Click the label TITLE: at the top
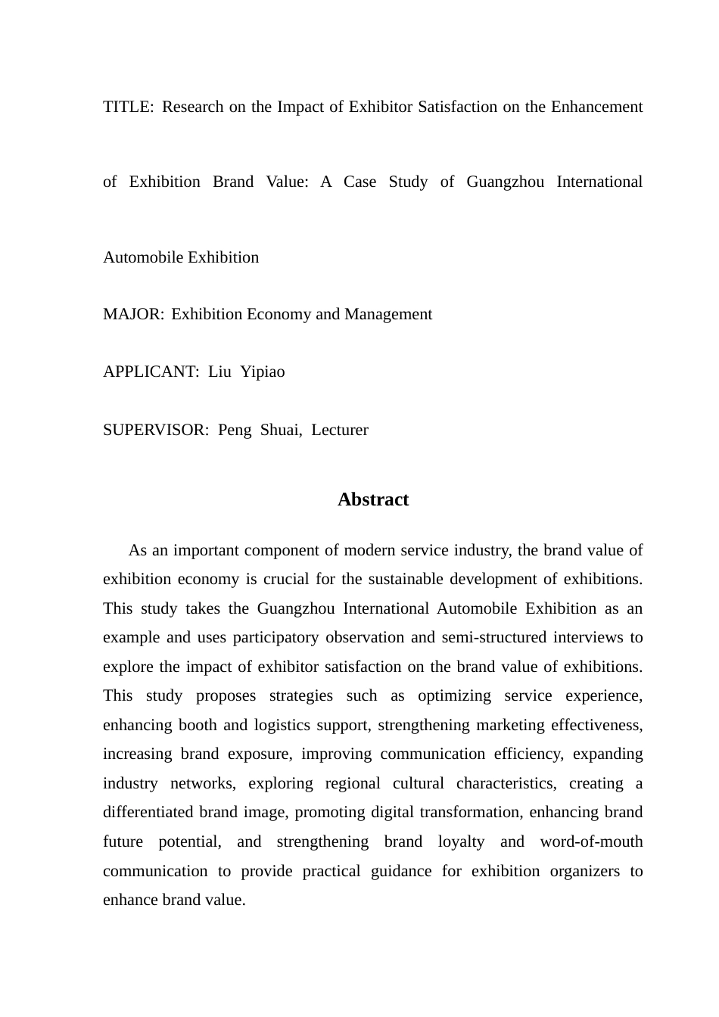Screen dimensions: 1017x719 pyautogui.click(x=127, y=107)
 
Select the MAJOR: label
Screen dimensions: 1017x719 pyautogui.click(x=132, y=314)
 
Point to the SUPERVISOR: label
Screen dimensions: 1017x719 pyautogui.click(x=155, y=430)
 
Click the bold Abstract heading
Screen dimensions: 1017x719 pyautogui.click(x=372, y=499)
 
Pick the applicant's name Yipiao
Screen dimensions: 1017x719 pyautogui.click(x=263, y=372)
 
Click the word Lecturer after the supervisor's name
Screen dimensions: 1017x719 pyautogui.click(x=340, y=430)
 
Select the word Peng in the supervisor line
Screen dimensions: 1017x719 pyautogui.click(x=235, y=430)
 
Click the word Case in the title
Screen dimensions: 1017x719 pyautogui.click(x=359, y=182)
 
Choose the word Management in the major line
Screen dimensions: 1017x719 pyautogui.click(x=388, y=314)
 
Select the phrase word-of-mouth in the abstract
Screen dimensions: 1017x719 pyautogui.click(x=591, y=841)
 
